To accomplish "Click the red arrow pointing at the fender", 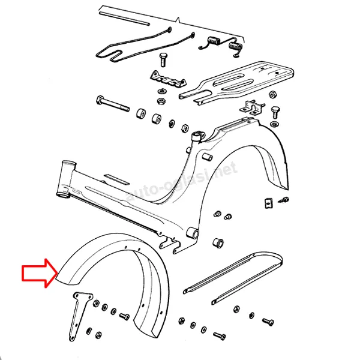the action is click(x=40, y=273).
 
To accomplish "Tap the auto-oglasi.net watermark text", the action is click(x=181, y=181).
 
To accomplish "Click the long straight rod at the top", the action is click(x=124, y=19).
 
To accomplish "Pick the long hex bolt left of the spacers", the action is click(x=113, y=103).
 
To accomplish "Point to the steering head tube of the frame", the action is click(x=66, y=179).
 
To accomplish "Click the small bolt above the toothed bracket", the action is click(x=163, y=59).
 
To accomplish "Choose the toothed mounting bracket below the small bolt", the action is click(x=168, y=79).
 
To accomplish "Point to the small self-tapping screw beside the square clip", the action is click(x=283, y=200).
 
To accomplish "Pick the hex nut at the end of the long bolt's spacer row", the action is click(x=185, y=128).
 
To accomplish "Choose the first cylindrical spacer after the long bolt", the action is click(x=141, y=114).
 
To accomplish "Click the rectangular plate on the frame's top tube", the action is click(x=116, y=179).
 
